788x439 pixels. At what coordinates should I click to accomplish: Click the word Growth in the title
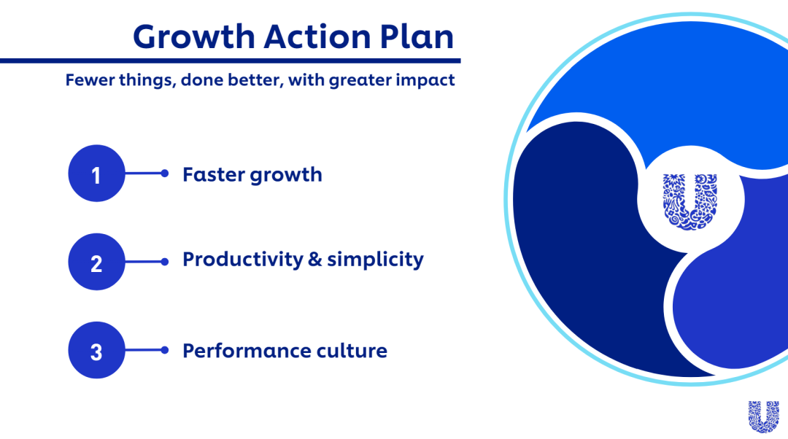click(x=194, y=36)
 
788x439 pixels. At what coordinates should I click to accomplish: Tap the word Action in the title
click(x=317, y=36)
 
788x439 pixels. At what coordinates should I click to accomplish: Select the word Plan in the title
click(x=417, y=36)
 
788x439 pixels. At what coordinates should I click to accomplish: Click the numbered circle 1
click(x=96, y=174)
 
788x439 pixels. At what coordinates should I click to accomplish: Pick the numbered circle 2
click(x=96, y=262)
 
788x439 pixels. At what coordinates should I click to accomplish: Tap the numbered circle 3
click(x=96, y=350)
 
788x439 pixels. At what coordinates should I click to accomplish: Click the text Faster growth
click(x=252, y=175)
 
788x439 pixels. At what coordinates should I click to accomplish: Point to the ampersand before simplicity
click(x=314, y=260)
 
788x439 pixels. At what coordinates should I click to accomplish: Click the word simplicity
click(x=376, y=260)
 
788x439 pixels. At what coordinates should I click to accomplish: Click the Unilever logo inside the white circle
click(x=690, y=201)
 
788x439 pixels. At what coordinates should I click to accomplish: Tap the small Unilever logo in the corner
click(x=763, y=416)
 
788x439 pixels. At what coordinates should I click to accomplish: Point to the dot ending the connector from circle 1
click(x=165, y=174)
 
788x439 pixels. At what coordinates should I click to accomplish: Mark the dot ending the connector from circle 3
click(x=165, y=350)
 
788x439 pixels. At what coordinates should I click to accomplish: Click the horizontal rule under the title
click(x=230, y=61)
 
